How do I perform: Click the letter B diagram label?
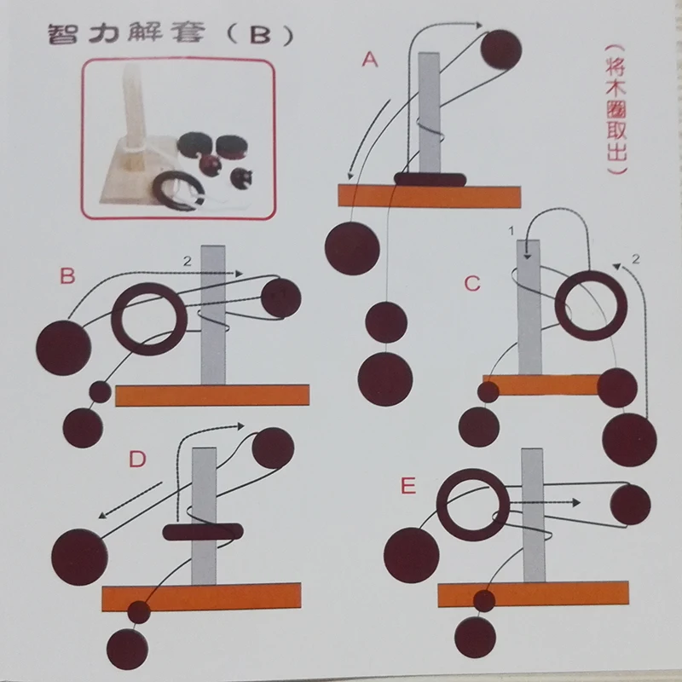(67, 276)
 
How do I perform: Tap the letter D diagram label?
(137, 459)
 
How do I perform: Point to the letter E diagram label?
(408, 487)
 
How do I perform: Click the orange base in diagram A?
(429, 196)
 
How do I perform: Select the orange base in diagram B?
(211, 395)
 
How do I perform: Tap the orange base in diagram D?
(200, 596)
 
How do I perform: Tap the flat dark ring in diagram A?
(430, 178)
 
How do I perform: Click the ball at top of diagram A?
(502, 49)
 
